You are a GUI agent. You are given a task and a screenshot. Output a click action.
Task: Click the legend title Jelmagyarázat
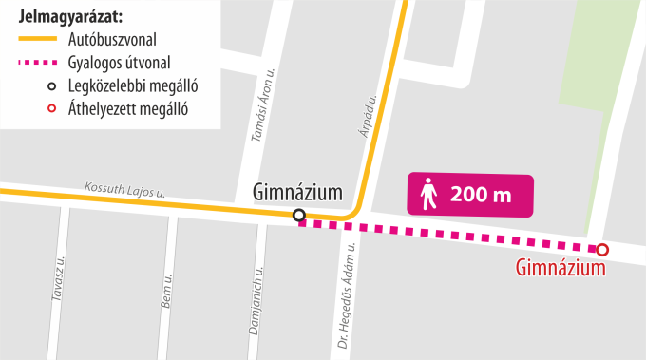pos(71,17)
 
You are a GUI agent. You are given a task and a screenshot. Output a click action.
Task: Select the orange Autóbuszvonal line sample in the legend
pos(38,40)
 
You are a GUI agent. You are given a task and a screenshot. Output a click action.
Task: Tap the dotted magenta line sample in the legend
pos(38,64)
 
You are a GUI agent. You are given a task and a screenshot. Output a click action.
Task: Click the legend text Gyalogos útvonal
pos(120,64)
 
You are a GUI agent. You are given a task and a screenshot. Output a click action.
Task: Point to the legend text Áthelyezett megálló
pos(128,109)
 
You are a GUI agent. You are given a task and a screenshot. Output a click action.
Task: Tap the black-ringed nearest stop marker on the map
pos(299,216)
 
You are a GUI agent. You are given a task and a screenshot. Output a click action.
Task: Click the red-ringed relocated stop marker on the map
pos(602,250)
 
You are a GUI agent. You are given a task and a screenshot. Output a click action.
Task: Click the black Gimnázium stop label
pos(297,193)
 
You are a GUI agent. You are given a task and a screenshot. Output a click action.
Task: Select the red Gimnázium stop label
pos(560,270)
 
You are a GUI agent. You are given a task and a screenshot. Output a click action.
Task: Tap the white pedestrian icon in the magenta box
pos(429,195)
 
